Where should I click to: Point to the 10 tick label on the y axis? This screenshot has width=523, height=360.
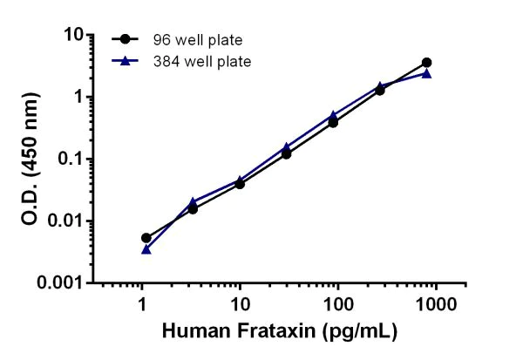coord(72,35)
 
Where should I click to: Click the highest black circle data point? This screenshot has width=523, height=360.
coord(426,63)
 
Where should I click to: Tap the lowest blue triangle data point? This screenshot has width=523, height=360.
coord(146,249)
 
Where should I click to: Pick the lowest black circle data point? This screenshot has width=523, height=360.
coord(146,238)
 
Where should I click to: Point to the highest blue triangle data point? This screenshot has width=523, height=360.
coord(426,73)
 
